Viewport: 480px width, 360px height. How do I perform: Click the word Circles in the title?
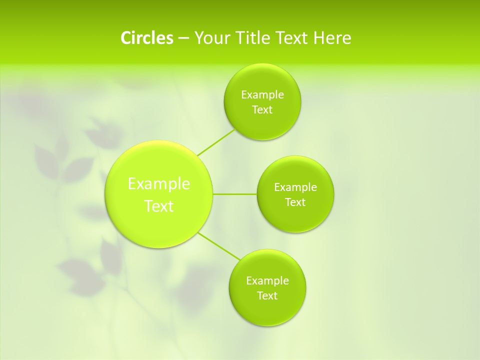coord(146,38)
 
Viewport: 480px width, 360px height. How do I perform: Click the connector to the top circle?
coord(216,142)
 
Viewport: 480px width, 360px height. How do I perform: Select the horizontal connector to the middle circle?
coord(235,194)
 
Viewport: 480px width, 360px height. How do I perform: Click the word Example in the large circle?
coord(159,184)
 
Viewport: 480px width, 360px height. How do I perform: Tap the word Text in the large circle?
coord(159,206)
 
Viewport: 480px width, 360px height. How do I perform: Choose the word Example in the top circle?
coord(262,95)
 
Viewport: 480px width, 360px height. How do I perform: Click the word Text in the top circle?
coord(262,110)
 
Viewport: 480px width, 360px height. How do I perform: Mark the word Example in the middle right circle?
coord(295,187)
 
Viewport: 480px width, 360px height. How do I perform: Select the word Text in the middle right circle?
coord(295,202)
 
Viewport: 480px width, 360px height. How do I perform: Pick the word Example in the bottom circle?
coord(267,281)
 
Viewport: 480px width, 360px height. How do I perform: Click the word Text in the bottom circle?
coord(267,296)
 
